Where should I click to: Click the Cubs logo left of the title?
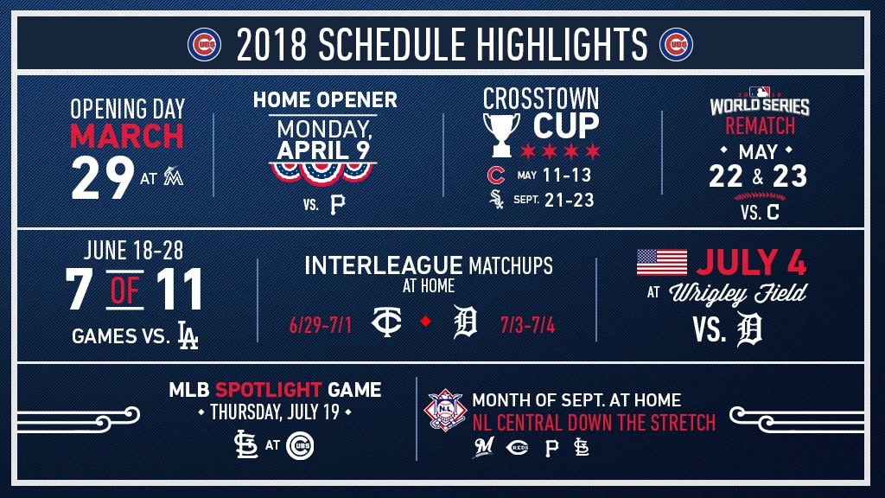click(x=204, y=45)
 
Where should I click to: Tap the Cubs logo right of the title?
click(x=676, y=45)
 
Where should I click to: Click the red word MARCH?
click(x=127, y=136)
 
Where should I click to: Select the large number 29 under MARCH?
click(x=103, y=177)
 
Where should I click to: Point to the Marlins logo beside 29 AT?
click(x=173, y=176)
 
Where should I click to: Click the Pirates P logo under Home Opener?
click(x=338, y=204)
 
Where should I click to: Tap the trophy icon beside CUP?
click(x=501, y=134)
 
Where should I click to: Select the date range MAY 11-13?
click(x=554, y=175)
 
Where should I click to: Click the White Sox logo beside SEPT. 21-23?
click(x=496, y=200)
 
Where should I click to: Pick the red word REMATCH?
click(x=760, y=126)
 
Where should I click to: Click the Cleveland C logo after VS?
click(x=773, y=213)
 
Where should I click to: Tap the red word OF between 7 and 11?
click(x=124, y=290)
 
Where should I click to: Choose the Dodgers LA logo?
click(x=188, y=335)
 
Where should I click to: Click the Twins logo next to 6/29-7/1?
click(x=386, y=322)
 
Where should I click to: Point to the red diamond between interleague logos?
click(x=426, y=321)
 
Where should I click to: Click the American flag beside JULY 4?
click(x=662, y=262)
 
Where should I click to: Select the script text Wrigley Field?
click(x=738, y=294)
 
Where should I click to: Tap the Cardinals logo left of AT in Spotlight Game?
click(x=246, y=445)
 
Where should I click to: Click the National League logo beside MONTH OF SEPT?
click(x=445, y=410)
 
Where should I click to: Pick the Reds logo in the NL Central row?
click(x=518, y=448)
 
